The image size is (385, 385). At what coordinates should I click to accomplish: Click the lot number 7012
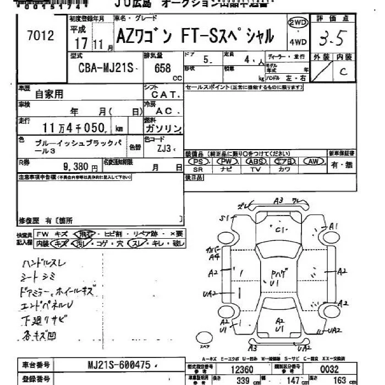tap(40, 36)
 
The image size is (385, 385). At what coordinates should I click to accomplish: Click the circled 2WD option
tap(298, 23)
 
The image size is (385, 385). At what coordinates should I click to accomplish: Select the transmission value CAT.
tap(162, 95)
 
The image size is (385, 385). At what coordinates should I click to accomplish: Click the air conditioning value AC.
tap(163, 111)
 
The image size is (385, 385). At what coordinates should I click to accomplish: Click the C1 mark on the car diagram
tap(282, 229)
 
